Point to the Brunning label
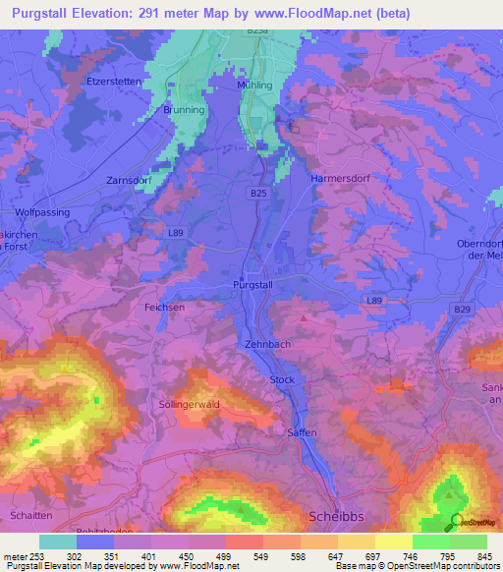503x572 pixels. [184, 110]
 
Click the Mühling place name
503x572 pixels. [254, 86]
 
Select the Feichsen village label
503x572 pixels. [164, 308]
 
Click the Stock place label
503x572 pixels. [282, 378]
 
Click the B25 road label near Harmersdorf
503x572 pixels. [257, 195]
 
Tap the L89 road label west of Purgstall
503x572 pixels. [176, 232]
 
